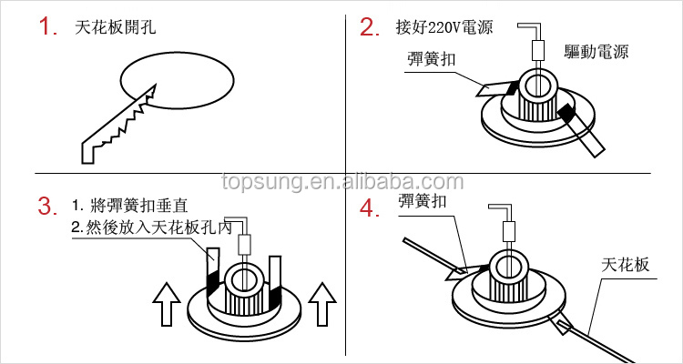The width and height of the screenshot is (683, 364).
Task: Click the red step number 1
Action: [47, 27]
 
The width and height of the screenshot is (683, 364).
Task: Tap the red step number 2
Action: [370, 27]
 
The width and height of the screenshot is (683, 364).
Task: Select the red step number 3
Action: [47, 206]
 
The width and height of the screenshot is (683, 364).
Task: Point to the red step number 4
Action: [370, 208]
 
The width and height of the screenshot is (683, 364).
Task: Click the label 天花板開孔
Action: [115, 28]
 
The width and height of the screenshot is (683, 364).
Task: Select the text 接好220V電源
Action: [444, 27]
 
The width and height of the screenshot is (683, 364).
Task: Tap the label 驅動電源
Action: [596, 52]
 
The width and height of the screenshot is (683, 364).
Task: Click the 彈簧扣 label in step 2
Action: [431, 59]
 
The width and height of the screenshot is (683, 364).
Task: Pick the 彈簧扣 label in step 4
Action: [422, 201]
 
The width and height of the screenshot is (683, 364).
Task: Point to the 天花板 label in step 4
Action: [625, 264]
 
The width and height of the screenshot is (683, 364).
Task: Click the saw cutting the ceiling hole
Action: [119, 124]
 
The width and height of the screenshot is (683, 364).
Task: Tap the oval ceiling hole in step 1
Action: [177, 81]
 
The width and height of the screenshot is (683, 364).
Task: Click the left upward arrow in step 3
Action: [167, 304]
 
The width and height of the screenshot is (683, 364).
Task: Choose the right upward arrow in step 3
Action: [321, 304]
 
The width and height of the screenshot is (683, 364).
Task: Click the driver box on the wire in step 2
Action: [538, 50]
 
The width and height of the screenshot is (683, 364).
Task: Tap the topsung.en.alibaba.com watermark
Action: [342, 182]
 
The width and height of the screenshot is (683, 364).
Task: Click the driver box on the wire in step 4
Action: [509, 231]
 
